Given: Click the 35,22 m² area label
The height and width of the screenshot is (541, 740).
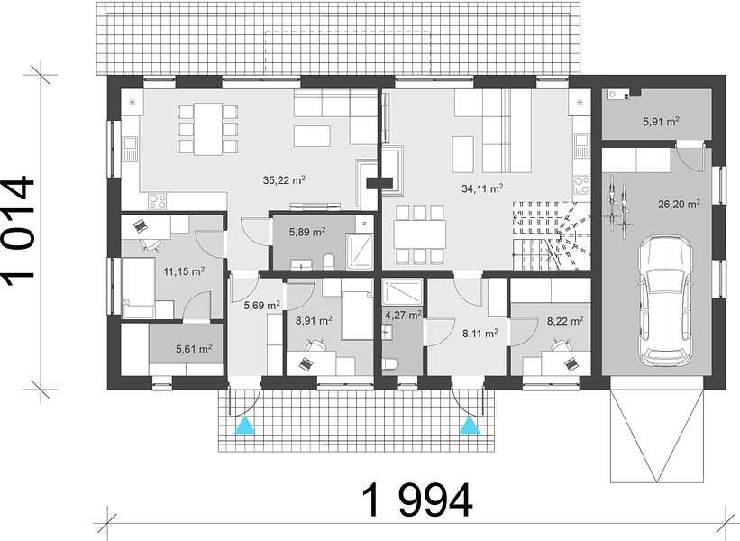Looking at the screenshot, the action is pyautogui.click(x=284, y=179).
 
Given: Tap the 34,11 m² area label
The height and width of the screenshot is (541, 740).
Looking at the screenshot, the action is pyautogui.click(x=482, y=188).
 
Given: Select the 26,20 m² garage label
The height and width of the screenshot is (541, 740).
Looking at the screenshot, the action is pyautogui.click(x=679, y=204).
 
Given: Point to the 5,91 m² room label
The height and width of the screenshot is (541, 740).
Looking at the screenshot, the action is pyautogui.click(x=661, y=122).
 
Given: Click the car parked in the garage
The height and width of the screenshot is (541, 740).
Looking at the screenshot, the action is pyautogui.click(x=665, y=303).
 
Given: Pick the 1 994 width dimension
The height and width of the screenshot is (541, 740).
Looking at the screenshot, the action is pyautogui.click(x=416, y=500).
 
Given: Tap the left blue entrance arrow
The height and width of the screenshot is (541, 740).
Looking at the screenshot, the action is pyautogui.click(x=245, y=425).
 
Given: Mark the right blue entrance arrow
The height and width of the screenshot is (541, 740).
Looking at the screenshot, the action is pyautogui.click(x=470, y=425).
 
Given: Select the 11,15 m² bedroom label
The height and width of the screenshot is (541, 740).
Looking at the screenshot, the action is pyautogui.click(x=184, y=271).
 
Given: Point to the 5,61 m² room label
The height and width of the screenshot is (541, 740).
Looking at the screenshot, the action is pyautogui.click(x=194, y=349).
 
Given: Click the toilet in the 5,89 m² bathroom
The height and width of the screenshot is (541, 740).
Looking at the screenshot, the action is pyautogui.click(x=329, y=261).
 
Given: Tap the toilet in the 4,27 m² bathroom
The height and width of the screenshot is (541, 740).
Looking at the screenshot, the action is pyautogui.click(x=389, y=364).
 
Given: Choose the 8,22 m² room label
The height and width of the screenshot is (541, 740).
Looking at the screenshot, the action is pyautogui.click(x=565, y=322).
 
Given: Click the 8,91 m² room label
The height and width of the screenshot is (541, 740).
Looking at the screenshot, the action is pyautogui.click(x=314, y=321).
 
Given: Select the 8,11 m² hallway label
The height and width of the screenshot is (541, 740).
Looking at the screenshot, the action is pyautogui.click(x=480, y=334).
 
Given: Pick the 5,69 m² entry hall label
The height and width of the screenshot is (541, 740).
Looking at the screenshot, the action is pyautogui.click(x=262, y=306).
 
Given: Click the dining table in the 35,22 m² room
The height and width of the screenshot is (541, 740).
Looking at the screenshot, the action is pyautogui.click(x=208, y=129).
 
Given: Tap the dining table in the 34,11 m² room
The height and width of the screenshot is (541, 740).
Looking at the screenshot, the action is pyautogui.click(x=420, y=234).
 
